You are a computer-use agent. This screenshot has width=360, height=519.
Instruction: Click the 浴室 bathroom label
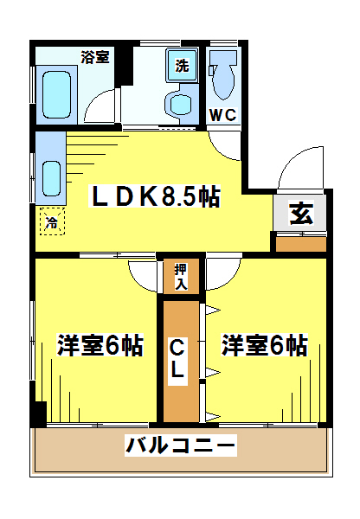coord(95,57)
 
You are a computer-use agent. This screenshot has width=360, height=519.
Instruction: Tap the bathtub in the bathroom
coord(56,94)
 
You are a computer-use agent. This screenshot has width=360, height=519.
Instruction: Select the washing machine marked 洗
coord(182,65)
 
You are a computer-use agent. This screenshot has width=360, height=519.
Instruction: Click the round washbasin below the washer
coord(181,104)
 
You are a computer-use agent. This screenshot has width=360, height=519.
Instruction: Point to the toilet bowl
coord(222,74)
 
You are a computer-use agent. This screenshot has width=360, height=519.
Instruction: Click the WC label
coord(223,115)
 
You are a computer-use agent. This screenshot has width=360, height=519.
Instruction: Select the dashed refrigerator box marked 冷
coord(52,221)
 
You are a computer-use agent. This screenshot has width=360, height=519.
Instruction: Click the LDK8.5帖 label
coord(155,196)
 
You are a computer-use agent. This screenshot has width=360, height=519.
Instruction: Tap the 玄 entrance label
coord(301,214)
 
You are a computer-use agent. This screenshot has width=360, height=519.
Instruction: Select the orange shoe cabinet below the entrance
coord(301,244)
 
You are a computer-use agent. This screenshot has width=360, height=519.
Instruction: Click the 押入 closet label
coord(181,277)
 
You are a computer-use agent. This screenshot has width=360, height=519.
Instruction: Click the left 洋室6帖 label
coord(100,345)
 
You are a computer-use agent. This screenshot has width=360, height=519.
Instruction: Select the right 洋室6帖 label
coord(265,345)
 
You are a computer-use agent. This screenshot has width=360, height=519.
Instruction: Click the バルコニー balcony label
coord(181,445)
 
